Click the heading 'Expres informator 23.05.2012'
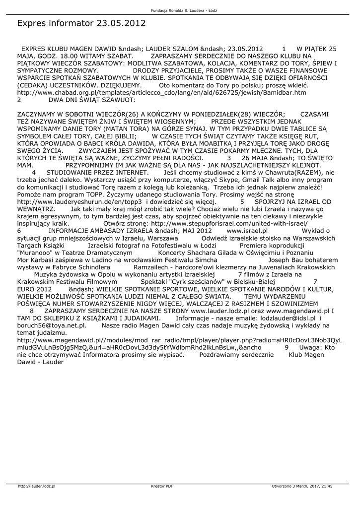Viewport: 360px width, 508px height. coord(81,23)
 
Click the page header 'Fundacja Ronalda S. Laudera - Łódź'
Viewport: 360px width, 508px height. coord(180,10)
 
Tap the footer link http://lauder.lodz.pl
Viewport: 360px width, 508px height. coord(36,486)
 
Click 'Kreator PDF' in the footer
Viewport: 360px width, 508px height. coord(162,486)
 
